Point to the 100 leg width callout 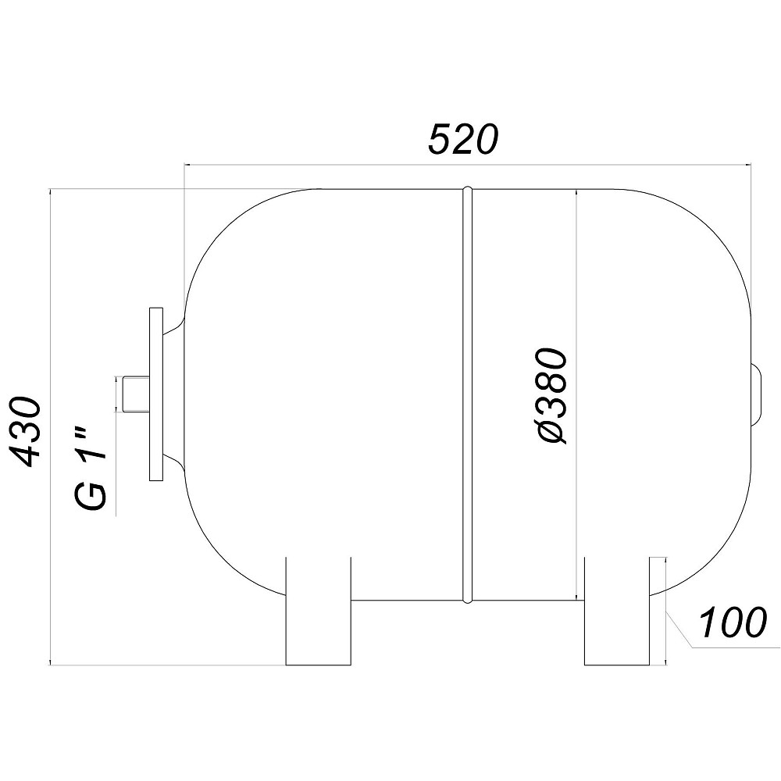[732, 622]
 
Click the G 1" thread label [91, 468]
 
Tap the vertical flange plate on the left [156, 394]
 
